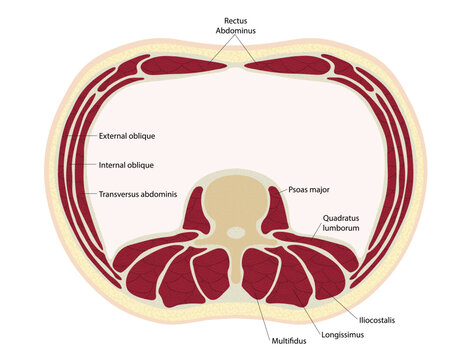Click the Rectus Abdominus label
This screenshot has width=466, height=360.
point(236,25)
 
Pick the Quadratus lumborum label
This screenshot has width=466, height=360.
point(342,222)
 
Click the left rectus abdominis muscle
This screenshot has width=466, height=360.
point(185,66)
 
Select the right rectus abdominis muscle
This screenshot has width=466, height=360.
point(287,66)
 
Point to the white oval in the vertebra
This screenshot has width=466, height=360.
point(235,233)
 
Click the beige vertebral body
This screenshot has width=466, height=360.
point(235,205)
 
